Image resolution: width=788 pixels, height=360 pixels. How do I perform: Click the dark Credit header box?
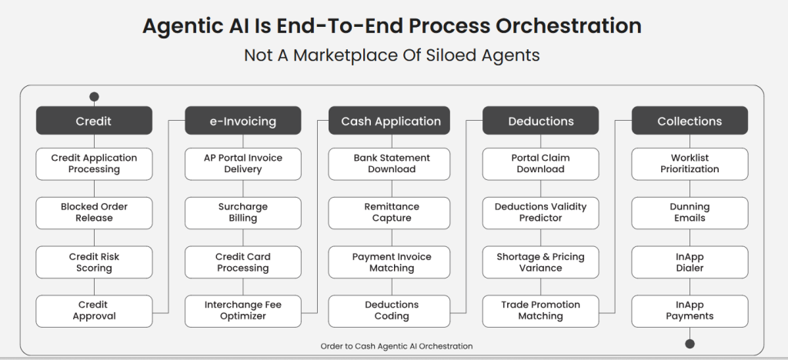coord(94,121)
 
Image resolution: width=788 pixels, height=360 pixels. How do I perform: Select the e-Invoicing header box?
coord(243,121)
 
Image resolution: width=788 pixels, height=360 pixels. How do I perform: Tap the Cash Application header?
coord(391,121)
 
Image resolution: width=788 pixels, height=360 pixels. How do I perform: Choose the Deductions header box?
coord(540,121)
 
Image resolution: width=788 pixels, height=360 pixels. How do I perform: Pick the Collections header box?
coord(689,121)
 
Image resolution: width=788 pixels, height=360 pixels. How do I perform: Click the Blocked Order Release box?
coord(94,212)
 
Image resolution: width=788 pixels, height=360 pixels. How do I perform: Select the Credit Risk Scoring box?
coord(94,262)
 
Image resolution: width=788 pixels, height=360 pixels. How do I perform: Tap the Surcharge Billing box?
coord(243,212)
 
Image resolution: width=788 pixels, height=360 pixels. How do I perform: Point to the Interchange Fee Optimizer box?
coord(243,311)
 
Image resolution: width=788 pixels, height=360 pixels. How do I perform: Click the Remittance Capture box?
coord(391,212)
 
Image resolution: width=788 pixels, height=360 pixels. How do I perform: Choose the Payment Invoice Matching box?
coord(391,262)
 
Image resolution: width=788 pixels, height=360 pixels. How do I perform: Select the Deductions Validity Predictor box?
coord(540,212)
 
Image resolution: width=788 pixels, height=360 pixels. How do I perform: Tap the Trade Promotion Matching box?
coord(540,311)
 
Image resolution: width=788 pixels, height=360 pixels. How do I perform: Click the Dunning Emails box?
coord(689,212)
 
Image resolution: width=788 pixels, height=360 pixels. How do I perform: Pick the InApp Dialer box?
coord(689,262)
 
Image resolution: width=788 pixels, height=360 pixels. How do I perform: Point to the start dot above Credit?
coord(94,97)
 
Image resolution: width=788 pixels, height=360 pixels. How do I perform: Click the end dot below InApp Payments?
coord(689,344)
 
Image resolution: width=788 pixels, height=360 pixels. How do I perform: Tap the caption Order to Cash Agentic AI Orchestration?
coord(396,346)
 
